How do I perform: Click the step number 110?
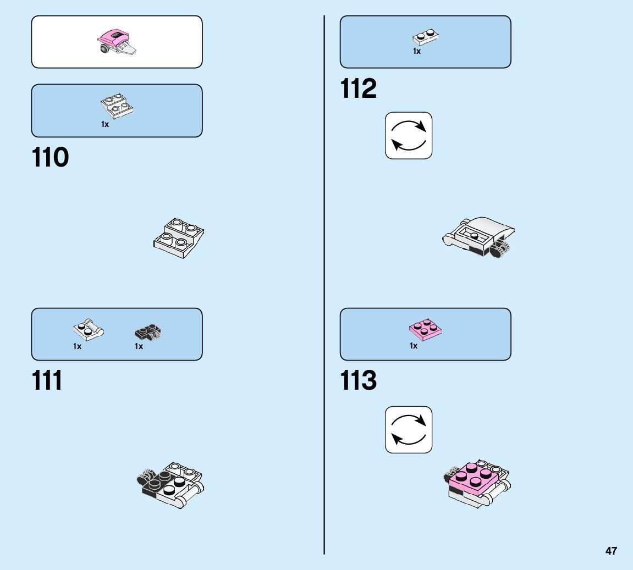(51, 158)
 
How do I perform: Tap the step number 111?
(47, 381)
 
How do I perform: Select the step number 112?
(359, 88)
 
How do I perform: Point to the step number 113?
(359, 381)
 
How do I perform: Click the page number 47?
(611, 551)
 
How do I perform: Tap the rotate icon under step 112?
(409, 136)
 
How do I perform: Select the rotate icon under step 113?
(409, 430)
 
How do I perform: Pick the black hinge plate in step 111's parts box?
(148, 333)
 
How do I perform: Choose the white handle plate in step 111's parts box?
(88, 331)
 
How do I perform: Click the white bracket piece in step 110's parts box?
(117, 107)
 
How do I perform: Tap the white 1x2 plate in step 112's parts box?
(425, 37)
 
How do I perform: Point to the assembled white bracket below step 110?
(179, 238)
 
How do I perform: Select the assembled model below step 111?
(170, 484)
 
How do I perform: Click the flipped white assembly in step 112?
(480, 237)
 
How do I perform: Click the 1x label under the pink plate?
(414, 346)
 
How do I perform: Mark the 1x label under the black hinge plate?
(139, 346)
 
